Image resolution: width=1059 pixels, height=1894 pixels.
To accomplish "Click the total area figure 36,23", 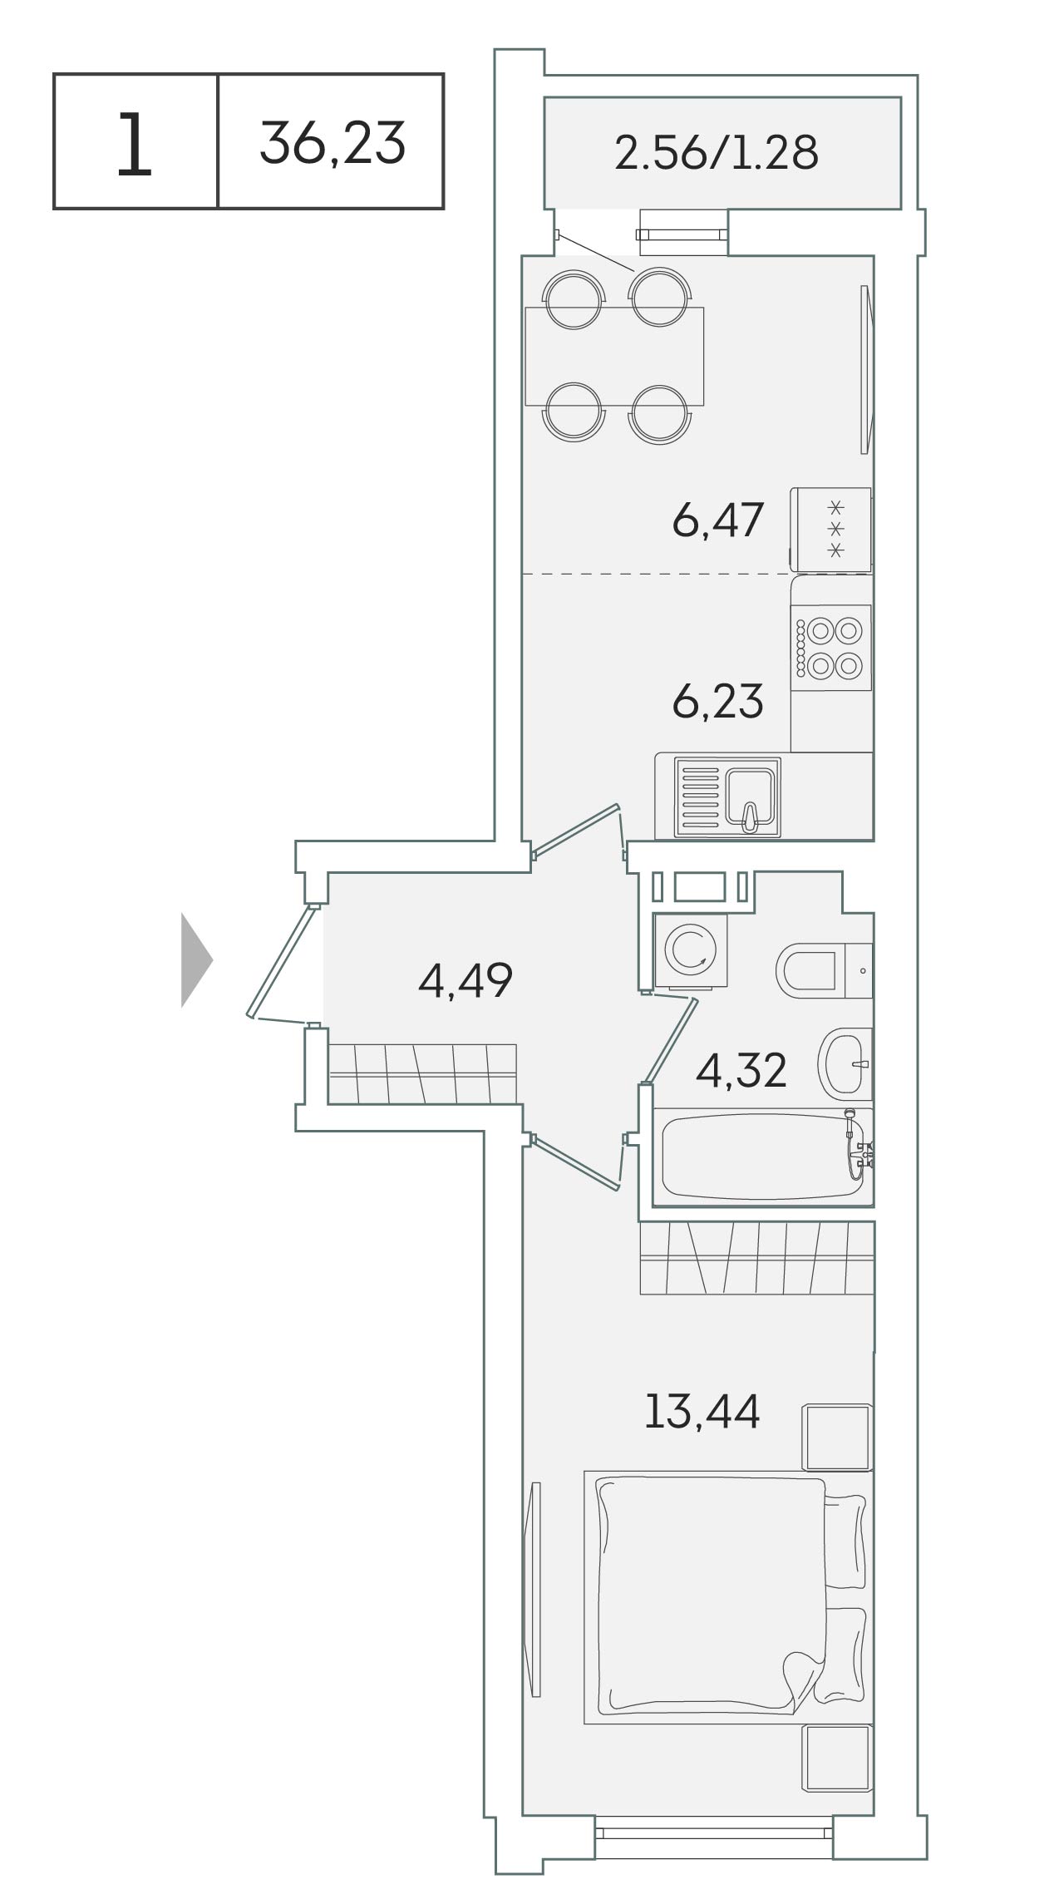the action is (x=332, y=142).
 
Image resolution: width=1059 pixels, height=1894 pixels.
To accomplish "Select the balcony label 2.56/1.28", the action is (x=717, y=153).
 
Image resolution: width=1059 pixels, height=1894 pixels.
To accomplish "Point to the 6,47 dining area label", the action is (x=717, y=521).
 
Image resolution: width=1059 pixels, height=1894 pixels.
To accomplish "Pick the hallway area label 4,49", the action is (x=465, y=980).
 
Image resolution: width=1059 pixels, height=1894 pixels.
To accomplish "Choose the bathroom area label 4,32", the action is (x=741, y=1071).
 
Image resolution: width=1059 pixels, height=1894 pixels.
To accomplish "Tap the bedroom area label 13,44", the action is (x=702, y=1411).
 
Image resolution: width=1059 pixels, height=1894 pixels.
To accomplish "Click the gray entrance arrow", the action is (x=197, y=960).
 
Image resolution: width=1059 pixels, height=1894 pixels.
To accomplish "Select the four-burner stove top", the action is (x=831, y=648).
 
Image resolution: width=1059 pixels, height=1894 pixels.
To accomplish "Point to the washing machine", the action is (x=691, y=951).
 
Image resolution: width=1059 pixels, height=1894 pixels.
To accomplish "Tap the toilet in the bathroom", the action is (x=824, y=970).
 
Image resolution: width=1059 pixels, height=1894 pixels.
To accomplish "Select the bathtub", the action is (x=763, y=1157).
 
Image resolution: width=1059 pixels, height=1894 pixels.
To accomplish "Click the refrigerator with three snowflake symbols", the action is (x=831, y=530).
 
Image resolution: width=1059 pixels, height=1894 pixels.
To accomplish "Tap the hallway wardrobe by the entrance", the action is (x=422, y=1073).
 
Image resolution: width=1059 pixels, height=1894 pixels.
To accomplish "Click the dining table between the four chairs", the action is (x=614, y=356).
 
